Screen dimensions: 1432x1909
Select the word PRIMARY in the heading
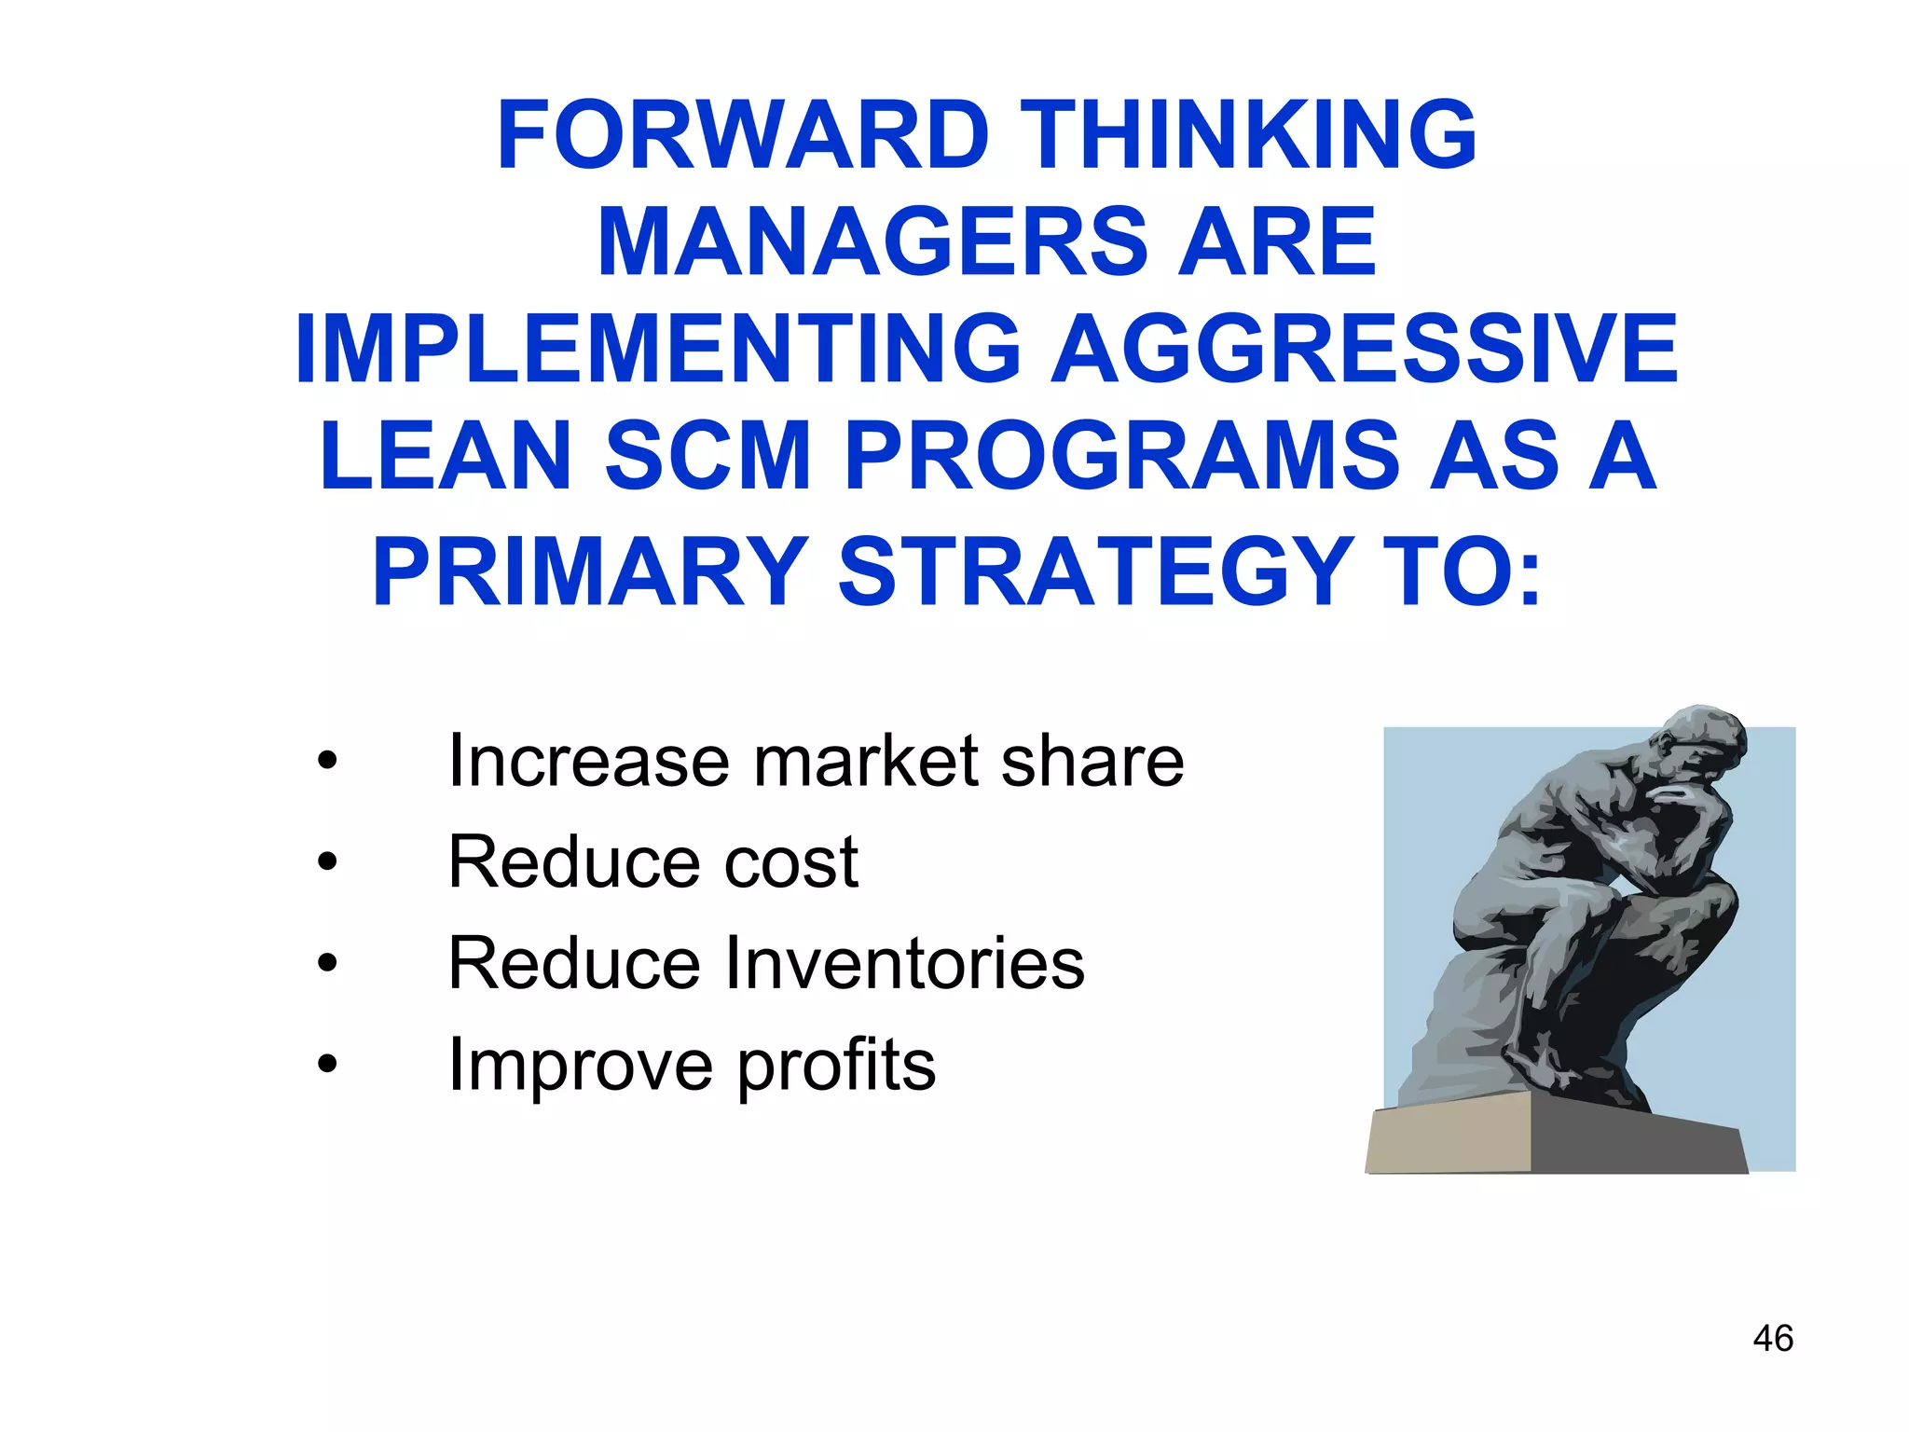[590, 571]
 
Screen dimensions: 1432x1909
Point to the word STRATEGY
[1096, 571]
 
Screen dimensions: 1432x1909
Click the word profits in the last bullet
[836, 1066]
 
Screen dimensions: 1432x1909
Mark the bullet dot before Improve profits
[326, 1064]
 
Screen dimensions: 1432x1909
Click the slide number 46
[1772, 1339]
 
